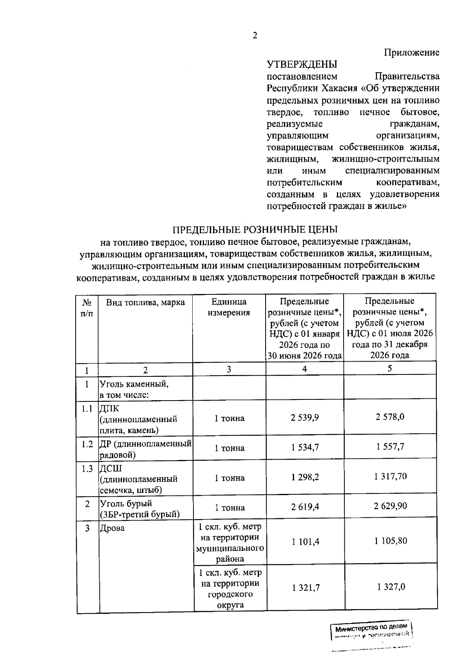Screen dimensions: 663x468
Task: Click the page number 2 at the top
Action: coord(255,36)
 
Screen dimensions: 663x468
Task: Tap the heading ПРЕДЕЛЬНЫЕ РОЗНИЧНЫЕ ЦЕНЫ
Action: coord(255,230)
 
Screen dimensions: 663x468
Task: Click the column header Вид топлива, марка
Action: coord(145,302)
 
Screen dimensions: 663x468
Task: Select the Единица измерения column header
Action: coord(229,307)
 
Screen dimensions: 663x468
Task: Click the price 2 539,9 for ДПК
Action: coord(305,417)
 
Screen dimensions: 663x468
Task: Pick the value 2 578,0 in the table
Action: coord(390,417)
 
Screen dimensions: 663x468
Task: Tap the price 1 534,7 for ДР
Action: coord(305,447)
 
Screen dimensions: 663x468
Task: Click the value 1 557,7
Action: coord(390,447)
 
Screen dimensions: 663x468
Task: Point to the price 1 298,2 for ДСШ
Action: coord(305,477)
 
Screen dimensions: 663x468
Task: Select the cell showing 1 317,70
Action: coord(390,476)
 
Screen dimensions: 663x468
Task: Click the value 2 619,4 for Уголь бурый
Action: coord(305,507)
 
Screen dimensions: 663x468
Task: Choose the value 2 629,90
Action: coord(390,506)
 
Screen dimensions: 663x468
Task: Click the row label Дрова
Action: coord(112,528)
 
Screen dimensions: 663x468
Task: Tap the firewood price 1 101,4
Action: coord(305,542)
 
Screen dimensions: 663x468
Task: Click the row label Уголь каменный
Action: coord(134,384)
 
